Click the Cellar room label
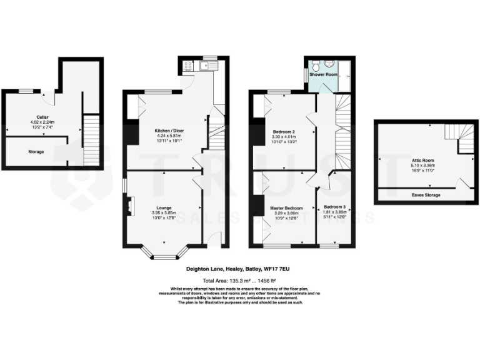[42, 117]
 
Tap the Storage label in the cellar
[36, 151]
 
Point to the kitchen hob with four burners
[188, 64]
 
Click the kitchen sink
[209, 64]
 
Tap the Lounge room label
[164, 207]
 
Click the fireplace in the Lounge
[130, 207]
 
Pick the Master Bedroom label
[286, 207]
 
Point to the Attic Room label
[422, 160]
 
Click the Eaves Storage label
[425, 195]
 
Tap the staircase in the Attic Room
[459, 138]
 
